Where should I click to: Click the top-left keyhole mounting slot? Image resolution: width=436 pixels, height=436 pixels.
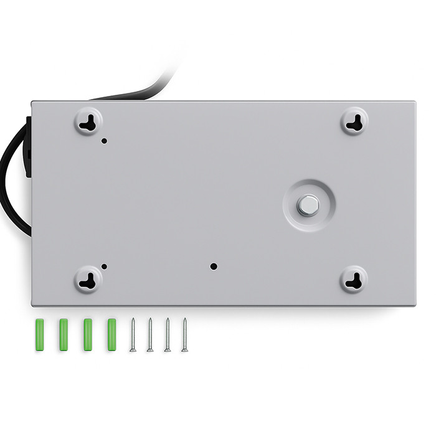(x=90, y=121)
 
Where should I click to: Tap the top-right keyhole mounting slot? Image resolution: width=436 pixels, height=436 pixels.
(x=354, y=121)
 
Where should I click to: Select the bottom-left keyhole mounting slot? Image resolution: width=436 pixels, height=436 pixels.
(x=90, y=280)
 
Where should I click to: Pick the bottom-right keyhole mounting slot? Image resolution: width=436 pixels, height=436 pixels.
(x=354, y=280)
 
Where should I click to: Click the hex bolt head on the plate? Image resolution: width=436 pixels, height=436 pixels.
(x=308, y=205)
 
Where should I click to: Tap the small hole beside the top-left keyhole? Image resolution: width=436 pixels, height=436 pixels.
(x=104, y=141)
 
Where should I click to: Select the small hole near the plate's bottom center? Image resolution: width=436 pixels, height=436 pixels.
(x=214, y=266)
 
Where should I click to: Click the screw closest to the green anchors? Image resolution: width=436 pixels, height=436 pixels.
(x=133, y=334)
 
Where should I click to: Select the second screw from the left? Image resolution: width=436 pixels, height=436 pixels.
(x=150, y=334)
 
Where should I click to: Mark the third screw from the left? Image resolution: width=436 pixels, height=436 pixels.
(x=168, y=334)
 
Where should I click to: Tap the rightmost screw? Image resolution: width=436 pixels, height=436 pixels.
(x=185, y=334)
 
